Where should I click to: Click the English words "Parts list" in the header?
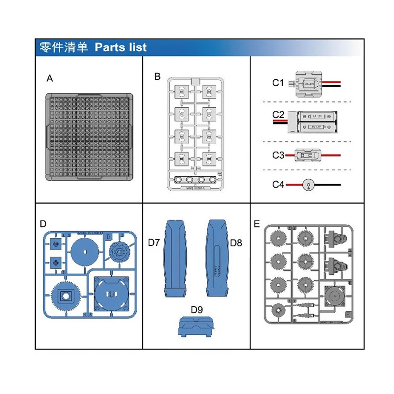point(121,47)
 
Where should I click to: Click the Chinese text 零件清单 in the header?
point(64,47)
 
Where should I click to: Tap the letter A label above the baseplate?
point(49,78)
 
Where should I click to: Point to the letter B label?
point(157,76)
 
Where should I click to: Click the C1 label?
point(278,83)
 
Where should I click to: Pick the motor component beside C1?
point(308,83)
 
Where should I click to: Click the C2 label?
point(278,115)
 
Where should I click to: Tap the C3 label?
point(278,155)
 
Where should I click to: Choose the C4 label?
point(278,185)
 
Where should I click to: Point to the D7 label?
point(155,242)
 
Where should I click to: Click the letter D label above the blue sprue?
point(43,224)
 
